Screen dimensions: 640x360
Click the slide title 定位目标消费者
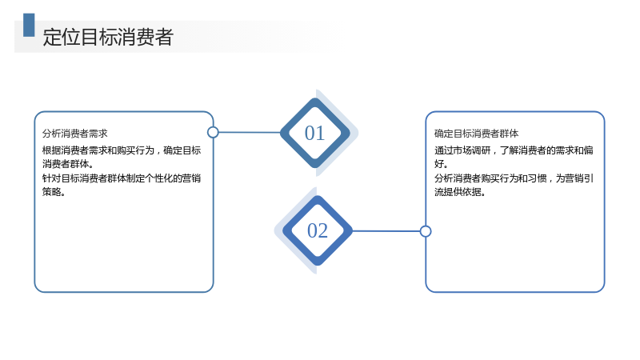(x=108, y=37)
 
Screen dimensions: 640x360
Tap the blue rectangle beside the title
(x=29, y=25)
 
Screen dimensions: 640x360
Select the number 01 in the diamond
(x=314, y=133)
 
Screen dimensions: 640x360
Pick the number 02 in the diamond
(x=318, y=230)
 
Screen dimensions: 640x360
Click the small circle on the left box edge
(x=213, y=132)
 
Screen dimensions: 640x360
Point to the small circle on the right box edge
(x=426, y=231)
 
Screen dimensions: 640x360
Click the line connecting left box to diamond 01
(x=250, y=132)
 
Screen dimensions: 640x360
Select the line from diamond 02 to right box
(x=386, y=231)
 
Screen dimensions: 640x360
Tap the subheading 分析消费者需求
(x=74, y=134)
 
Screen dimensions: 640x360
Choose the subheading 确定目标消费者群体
(x=476, y=134)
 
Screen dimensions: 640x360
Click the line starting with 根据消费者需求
(x=122, y=150)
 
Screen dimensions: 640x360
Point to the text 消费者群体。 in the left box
(x=68, y=164)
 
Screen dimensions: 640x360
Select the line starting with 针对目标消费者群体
(x=122, y=178)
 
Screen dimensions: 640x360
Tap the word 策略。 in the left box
(x=54, y=192)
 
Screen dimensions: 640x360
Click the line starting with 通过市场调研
(x=514, y=150)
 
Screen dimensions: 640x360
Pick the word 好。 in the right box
(x=442, y=164)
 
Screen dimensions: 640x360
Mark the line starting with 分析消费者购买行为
(x=514, y=178)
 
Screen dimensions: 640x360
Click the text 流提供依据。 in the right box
(x=460, y=192)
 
